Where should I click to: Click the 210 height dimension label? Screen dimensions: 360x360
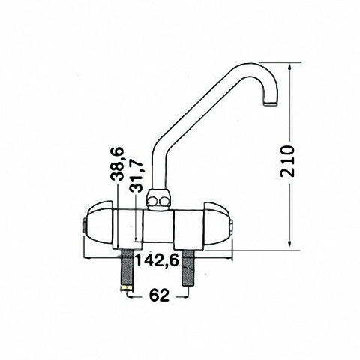[x=286, y=161]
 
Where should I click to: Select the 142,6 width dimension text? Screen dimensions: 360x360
[x=157, y=261]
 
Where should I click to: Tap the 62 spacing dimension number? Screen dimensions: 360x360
[x=159, y=295]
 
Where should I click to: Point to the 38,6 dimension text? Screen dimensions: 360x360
[x=117, y=163]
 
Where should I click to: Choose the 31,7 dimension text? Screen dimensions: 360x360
[x=136, y=176]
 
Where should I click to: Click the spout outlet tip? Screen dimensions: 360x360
[x=270, y=103]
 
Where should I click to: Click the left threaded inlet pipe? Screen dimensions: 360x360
[x=127, y=268]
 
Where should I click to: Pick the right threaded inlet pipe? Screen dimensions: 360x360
[x=189, y=268]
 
